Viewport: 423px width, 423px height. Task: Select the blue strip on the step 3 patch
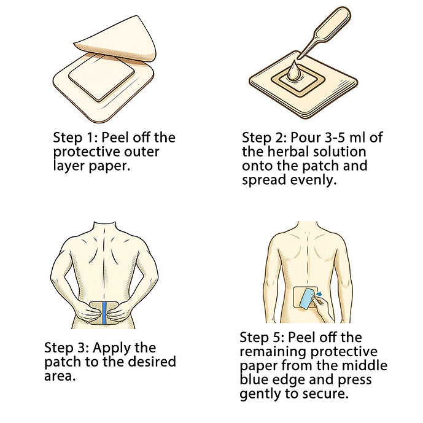(104, 313)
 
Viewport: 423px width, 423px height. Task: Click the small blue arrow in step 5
(319, 293)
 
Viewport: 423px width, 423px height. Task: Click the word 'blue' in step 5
(254, 379)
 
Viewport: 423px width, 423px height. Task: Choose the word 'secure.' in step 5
(325, 394)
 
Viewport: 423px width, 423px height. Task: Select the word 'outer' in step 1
(142, 152)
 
